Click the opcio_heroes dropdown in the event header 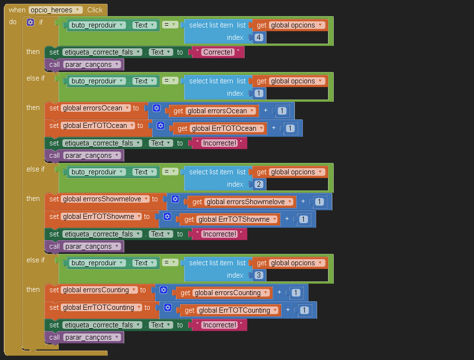point(55,10)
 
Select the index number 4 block point(259,37)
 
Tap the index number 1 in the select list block point(259,93)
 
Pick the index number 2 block point(259,184)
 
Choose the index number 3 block point(259,275)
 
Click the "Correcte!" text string point(219,52)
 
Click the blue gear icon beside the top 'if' point(30,22)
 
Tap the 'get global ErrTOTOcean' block point(182,128)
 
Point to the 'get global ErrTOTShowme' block point(189,219)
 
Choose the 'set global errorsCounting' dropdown point(99,290)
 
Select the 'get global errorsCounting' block point(185,293)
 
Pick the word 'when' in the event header point(17,10)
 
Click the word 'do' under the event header point(13,22)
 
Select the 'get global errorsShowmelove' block point(197,202)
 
